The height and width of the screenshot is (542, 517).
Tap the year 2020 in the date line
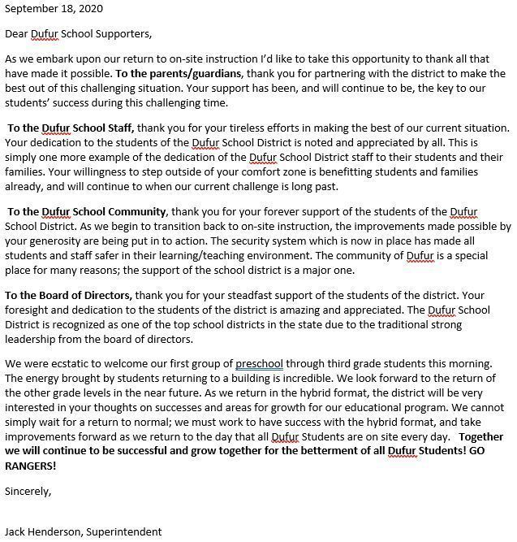pos(89,9)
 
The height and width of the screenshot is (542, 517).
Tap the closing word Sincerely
pos(28,491)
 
